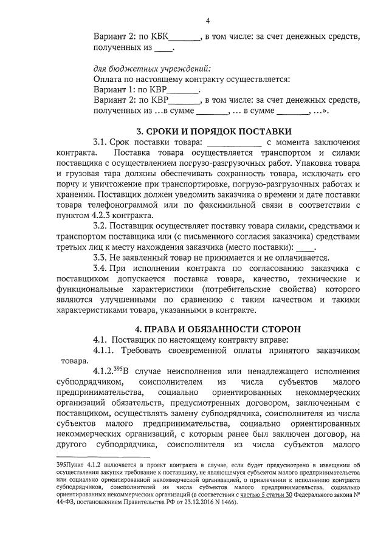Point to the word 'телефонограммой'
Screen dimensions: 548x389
pyautogui.click(x=116, y=205)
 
